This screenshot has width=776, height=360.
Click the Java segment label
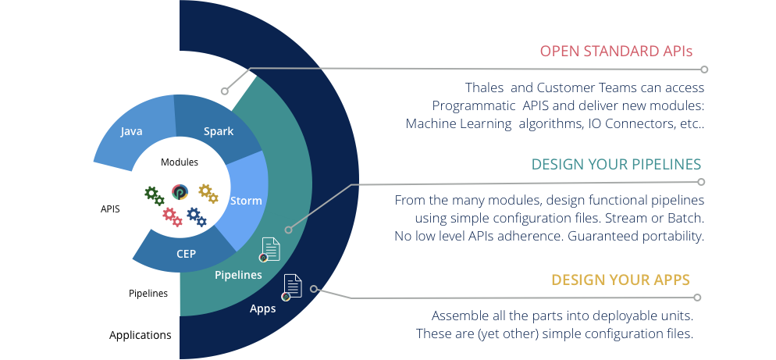pos(131,131)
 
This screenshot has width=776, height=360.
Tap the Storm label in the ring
pos(246,201)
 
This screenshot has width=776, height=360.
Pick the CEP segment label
pos(186,254)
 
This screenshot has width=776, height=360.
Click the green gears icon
pos(155,195)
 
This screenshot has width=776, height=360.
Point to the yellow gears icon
pos(208,194)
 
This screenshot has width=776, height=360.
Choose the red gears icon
pos(173,217)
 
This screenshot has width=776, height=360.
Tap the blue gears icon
pos(197,217)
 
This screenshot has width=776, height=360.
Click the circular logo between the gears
pos(180,192)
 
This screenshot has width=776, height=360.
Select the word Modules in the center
pos(179,162)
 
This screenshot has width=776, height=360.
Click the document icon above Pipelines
pos(269,250)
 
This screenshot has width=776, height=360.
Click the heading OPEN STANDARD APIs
pos(616,51)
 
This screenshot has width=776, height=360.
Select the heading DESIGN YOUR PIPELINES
pos(616,165)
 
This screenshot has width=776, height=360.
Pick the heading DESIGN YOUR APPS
pos(621,280)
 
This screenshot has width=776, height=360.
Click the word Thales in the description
pos(484,87)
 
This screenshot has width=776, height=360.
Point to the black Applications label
pos(140,335)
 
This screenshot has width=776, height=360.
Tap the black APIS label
pos(110,209)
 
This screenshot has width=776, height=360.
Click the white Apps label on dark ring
pos(262,309)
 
